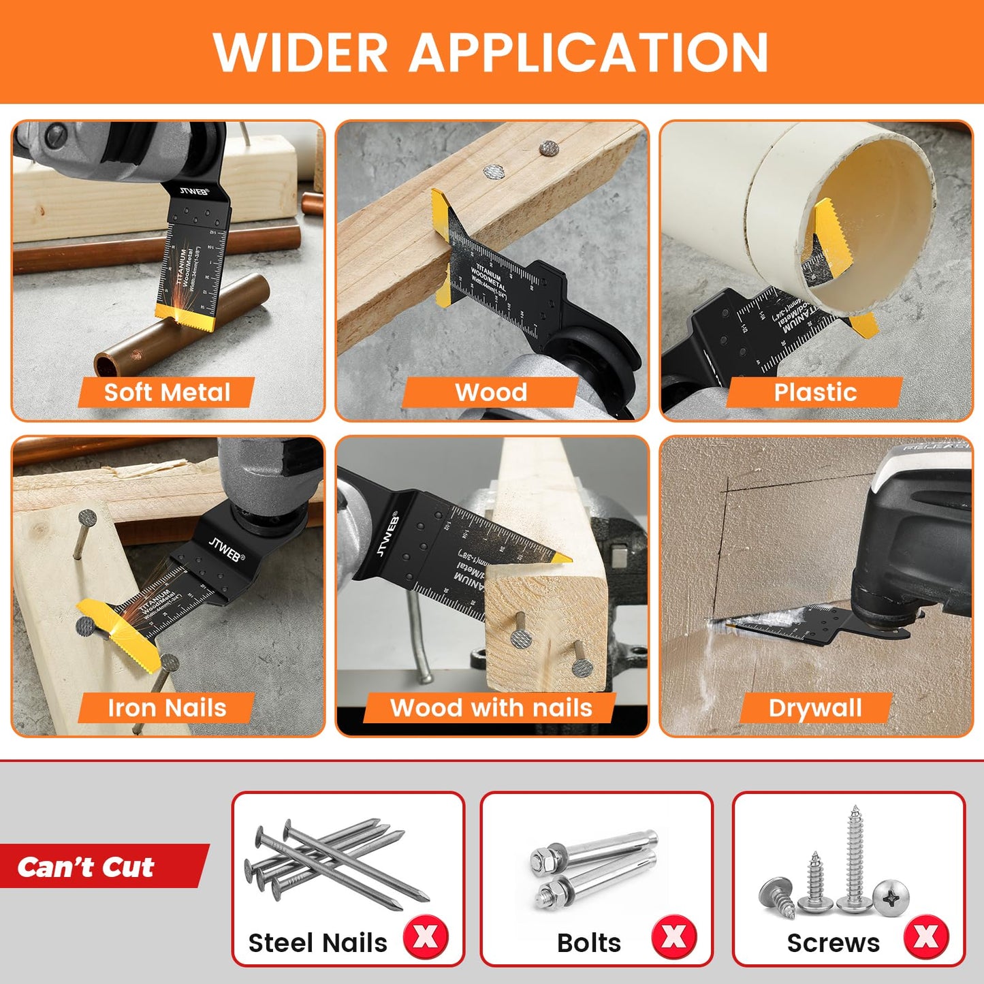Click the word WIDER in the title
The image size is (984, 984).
(300, 52)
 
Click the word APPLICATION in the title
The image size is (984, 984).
(588, 52)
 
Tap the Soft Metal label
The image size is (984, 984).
(167, 392)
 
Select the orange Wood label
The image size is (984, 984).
(491, 392)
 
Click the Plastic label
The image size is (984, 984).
(814, 392)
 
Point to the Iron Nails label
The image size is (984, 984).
(167, 708)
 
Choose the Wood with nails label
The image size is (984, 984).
(491, 708)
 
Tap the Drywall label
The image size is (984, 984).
(815, 708)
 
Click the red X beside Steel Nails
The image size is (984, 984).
(426, 937)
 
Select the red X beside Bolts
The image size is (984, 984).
(674, 937)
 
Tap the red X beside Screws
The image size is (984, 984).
(926, 937)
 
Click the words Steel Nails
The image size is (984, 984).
(317, 943)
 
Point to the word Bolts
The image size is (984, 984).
(589, 943)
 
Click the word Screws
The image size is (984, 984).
(833, 943)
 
